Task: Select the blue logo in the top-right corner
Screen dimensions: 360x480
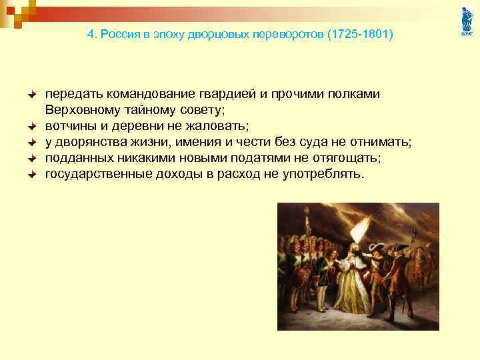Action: point(467,21)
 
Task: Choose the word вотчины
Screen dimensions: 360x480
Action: point(68,126)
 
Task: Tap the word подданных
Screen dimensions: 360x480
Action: point(74,158)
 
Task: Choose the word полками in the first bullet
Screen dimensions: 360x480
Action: point(357,94)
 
